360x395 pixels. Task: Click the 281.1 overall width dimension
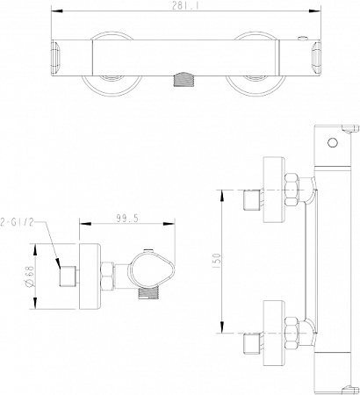click(185, 6)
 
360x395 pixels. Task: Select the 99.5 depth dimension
click(127, 219)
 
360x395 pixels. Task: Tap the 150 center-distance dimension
click(217, 262)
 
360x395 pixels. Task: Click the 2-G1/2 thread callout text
click(17, 222)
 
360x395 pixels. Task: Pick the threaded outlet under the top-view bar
click(184, 80)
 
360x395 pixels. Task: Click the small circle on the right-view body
click(333, 143)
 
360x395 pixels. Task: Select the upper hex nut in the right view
click(292, 190)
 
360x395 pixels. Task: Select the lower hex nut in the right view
click(292, 333)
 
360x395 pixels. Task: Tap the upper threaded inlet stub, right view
click(252, 200)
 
